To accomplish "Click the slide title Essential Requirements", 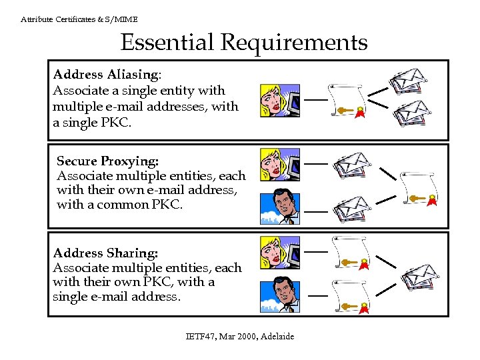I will coord(243,43).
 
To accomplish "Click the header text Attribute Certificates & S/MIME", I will coord(79,19).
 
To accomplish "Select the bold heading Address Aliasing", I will coord(106,74).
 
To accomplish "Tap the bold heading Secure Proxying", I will coord(107,161).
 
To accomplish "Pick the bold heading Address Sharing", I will coord(105,253).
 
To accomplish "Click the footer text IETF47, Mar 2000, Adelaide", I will coord(239,336).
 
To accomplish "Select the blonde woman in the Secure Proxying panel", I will coord(279,165).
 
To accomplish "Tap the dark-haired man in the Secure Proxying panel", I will coord(279,207).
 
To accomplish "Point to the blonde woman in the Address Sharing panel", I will coord(279,252).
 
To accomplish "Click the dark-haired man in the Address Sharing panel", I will coord(279,294).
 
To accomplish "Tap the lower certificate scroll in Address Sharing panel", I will coord(351,297).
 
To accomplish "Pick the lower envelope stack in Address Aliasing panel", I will coord(410,113).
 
